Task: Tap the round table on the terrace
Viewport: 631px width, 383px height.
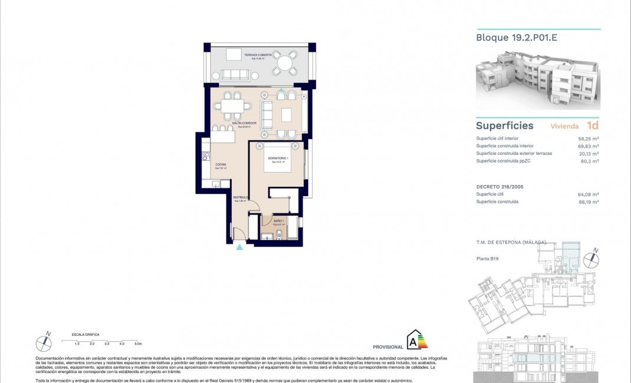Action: coord(285,62)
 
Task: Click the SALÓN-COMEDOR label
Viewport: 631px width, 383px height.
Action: coord(244,123)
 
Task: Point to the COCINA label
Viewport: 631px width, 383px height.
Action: coord(221,164)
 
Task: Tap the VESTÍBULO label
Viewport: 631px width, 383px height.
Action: coord(239,197)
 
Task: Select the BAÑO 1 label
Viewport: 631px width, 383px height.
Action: coord(279,221)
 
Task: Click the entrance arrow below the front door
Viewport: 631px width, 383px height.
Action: coord(239,248)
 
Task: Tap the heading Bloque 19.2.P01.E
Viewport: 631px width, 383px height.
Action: coord(508,38)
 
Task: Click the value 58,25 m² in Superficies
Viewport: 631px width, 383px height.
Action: coord(588,138)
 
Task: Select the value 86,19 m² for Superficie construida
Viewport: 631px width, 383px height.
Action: coord(588,202)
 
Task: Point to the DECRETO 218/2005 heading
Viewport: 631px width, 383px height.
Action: coord(501,186)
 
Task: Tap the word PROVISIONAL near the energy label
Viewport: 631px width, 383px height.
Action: coord(388,347)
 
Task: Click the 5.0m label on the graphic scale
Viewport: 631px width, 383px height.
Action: coord(138,343)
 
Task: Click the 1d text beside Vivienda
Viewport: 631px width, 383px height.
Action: coord(592,126)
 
